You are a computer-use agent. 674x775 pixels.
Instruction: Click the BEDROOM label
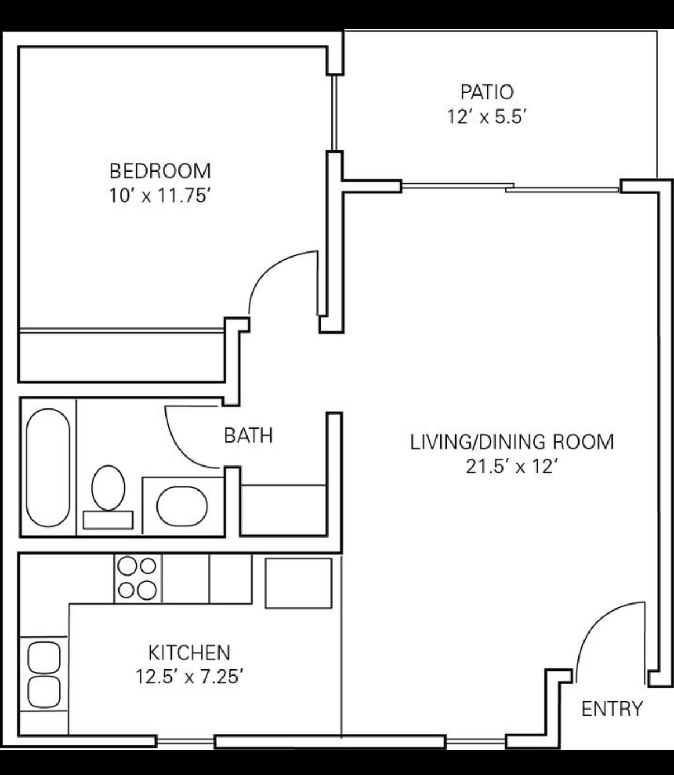[160, 171]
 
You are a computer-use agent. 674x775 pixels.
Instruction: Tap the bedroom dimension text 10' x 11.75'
[159, 196]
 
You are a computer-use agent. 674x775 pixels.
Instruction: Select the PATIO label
[487, 92]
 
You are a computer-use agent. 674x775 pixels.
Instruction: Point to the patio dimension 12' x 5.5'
[487, 117]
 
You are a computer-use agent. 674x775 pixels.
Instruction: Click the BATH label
[249, 436]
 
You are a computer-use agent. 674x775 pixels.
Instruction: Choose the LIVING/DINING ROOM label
[512, 442]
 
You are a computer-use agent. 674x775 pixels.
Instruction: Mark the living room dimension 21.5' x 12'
[512, 467]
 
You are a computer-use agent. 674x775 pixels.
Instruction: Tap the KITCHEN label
[189, 652]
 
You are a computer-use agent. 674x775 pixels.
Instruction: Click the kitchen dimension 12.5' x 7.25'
[189, 677]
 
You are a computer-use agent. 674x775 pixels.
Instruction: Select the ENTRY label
[613, 709]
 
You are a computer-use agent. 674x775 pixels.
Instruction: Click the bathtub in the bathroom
[49, 468]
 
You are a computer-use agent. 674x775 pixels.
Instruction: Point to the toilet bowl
[108, 488]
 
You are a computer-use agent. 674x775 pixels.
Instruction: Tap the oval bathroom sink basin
[182, 507]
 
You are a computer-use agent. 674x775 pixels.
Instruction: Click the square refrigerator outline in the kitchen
[298, 583]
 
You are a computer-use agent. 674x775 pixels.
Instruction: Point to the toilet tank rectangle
[108, 520]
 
